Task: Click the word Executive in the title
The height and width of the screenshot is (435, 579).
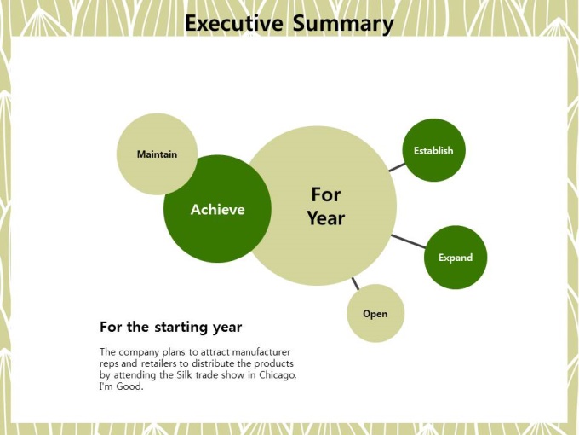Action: (234, 23)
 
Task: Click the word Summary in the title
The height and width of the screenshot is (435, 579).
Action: (343, 25)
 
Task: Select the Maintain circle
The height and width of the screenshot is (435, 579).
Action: (157, 154)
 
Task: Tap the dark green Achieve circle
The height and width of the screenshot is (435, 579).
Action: (217, 209)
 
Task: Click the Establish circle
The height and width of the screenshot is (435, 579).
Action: (433, 150)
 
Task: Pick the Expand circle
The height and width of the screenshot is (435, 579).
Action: (456, 258)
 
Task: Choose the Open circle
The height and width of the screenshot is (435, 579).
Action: (375, 313)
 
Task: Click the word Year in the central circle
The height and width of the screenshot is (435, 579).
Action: (326, 218)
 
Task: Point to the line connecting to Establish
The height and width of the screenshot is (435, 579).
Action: (397, 167)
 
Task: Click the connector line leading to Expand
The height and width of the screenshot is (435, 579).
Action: (409, 241)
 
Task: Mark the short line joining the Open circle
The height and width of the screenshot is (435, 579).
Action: (355, 284)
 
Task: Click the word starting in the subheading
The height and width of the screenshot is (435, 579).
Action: (181, 328)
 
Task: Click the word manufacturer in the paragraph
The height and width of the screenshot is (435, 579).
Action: (261, 351)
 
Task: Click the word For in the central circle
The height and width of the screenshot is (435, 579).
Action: (326, 194)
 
